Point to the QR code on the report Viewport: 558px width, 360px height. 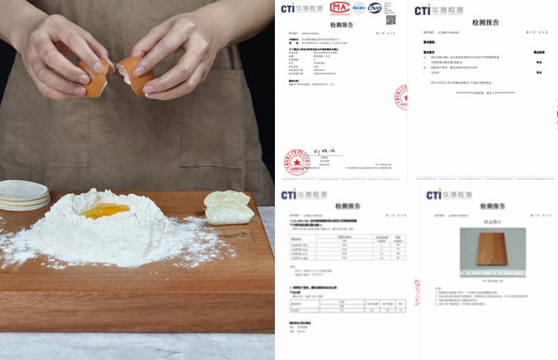point(390,18)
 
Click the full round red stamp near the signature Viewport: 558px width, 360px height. point(297,161)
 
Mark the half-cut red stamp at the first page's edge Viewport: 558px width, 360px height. point(401,97)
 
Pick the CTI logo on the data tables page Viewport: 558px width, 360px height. point(300,195)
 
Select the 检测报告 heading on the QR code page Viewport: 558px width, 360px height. point(485,22)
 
